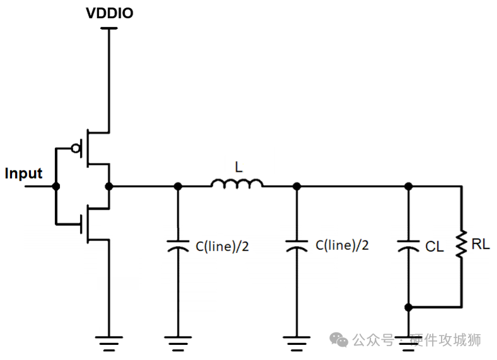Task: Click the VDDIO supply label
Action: [110, 13]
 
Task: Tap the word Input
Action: [23, 174]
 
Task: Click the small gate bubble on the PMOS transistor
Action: [76, 149]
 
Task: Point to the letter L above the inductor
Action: [238, 167]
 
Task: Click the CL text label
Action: [434, 247]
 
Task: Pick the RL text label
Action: [480, 244]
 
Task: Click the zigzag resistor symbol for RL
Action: [462, 244]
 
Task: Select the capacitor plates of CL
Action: [408, 245]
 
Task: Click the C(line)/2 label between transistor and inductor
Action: [222, 246]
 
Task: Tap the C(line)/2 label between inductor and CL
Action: [342, 245]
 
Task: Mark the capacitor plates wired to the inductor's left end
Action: [178, 245]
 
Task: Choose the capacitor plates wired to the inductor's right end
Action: [297, 245]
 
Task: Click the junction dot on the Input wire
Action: [56, 186]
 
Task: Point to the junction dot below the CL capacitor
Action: [408, 307]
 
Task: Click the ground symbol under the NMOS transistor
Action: [110, 344]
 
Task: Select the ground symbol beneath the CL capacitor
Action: [408, 344]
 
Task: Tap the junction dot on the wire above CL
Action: [408, 186]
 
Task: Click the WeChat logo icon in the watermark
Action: [340, 340]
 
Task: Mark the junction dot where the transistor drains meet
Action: [110, 186]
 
